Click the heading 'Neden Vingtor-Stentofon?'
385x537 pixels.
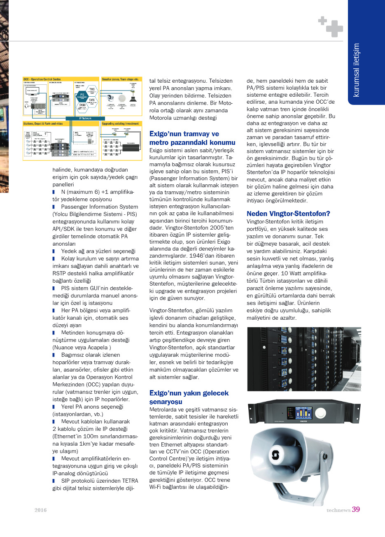click(x=288, y=214)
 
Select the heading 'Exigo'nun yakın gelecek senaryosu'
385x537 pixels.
click(x=189, y=397)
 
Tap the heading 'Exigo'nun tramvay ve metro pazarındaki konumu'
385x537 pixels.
click(x=192, y=138)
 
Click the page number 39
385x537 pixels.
click(x=356, y=509)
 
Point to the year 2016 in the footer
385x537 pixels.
click(x=40, y=510)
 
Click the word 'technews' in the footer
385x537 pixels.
click(x=338, y=510)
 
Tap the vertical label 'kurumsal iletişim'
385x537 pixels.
click(x=357, y=70)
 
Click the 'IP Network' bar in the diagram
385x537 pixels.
click(x=86, y=119)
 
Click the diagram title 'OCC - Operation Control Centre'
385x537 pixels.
click(x=42, y=79)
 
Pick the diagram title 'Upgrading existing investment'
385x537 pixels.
click(x=120, y=123)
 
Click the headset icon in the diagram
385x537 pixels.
click(x=28, y=106)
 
